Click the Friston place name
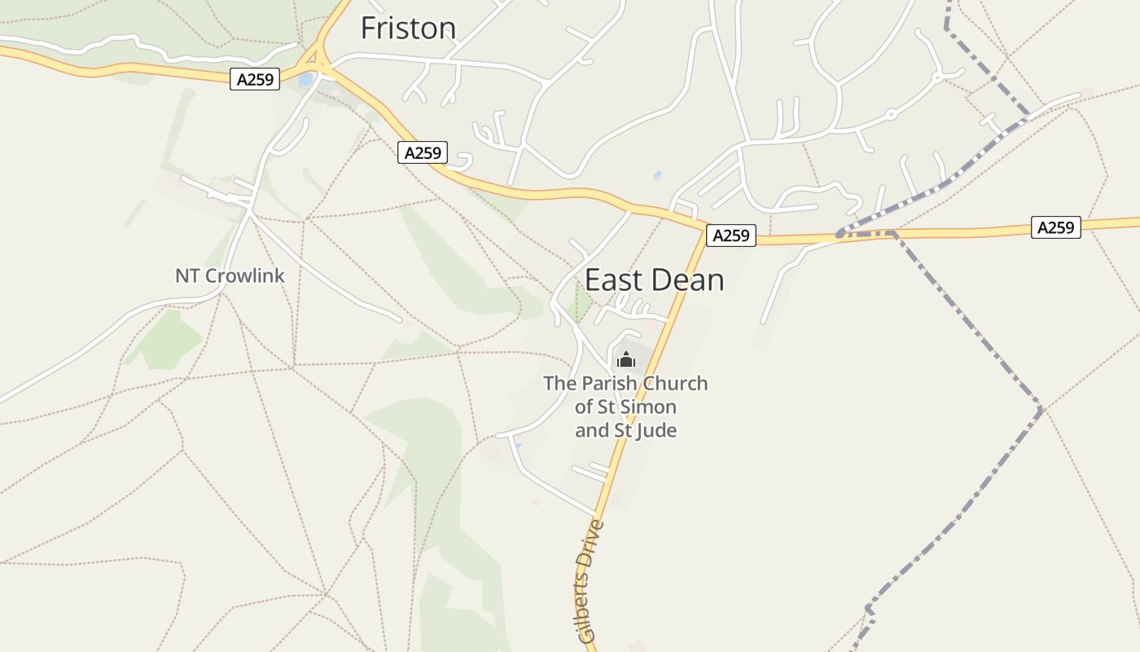(x=408, y=29)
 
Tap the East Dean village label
(x=654, y=280)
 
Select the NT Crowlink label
(x=230, y=275)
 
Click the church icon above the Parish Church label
(x=625, y=359)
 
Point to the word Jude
(x=656, y=430)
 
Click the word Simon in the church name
(x=649, y=407)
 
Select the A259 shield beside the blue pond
(x=254, y=79)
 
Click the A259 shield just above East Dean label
(x=730, y=236)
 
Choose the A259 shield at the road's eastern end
(x=1055, y=227)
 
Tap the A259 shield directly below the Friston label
(x=423, y=152)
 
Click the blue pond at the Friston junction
(x=305, y=80)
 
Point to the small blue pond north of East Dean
(x=657, y=174)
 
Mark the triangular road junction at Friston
(x=310, y=59)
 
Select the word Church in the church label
(x=675, y=383)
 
